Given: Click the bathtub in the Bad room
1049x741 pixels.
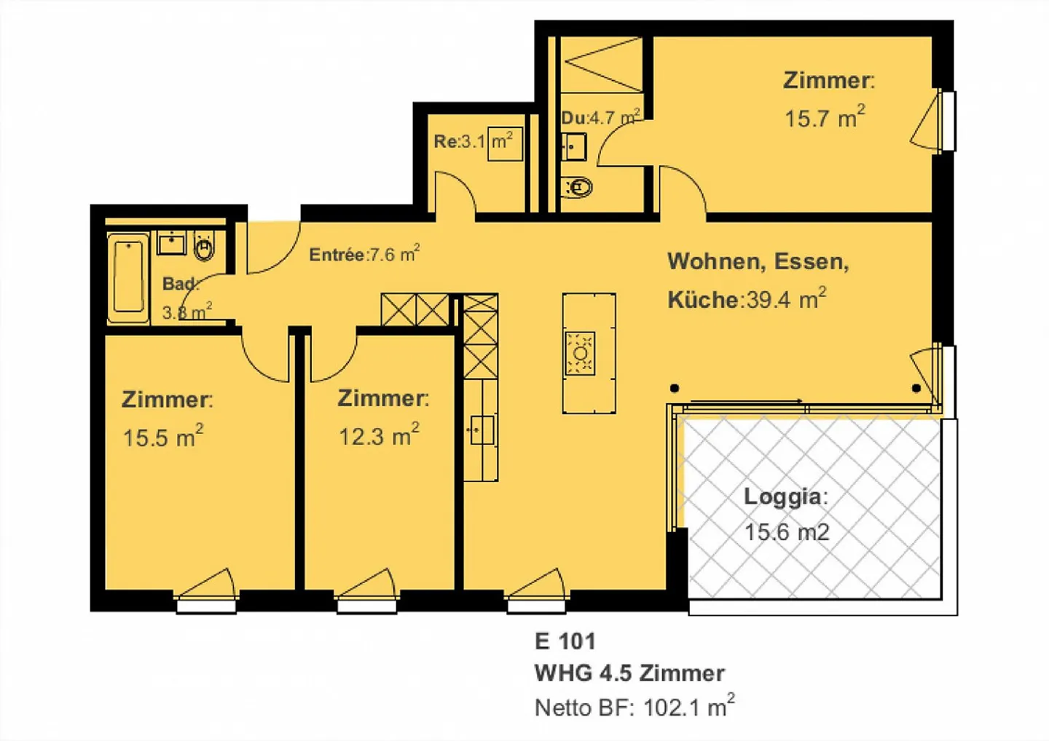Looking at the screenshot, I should (x=128, y=277).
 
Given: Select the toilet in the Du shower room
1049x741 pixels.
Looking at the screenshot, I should (x=578, y=187).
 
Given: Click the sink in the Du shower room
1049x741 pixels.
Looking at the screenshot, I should (x=574, y=146).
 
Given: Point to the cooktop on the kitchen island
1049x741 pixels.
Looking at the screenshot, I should (x=580, y=353).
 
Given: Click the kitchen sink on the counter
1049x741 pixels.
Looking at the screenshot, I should (x=480, y=430).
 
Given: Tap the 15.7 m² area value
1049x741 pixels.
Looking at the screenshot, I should (x=824, y=117).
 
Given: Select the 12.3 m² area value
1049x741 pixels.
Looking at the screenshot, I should (x=378, y=435).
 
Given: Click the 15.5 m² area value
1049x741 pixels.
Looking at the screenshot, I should (x=162, y=437).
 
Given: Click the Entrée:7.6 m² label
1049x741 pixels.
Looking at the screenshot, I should (x=364, y=254).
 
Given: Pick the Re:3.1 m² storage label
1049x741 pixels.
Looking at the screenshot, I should (x=474, y=140).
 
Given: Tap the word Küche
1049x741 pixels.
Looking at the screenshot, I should (x=703, y=299).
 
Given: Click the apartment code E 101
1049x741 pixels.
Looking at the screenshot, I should (x=565, y=641).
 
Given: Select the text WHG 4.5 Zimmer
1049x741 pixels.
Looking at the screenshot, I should (x=629, y=673).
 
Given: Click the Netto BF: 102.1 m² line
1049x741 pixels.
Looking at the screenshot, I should (x=634, y=707).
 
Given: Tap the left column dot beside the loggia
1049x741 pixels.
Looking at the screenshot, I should (x=675, y=388).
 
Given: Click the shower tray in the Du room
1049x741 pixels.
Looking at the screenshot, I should (x=602, y=64).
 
